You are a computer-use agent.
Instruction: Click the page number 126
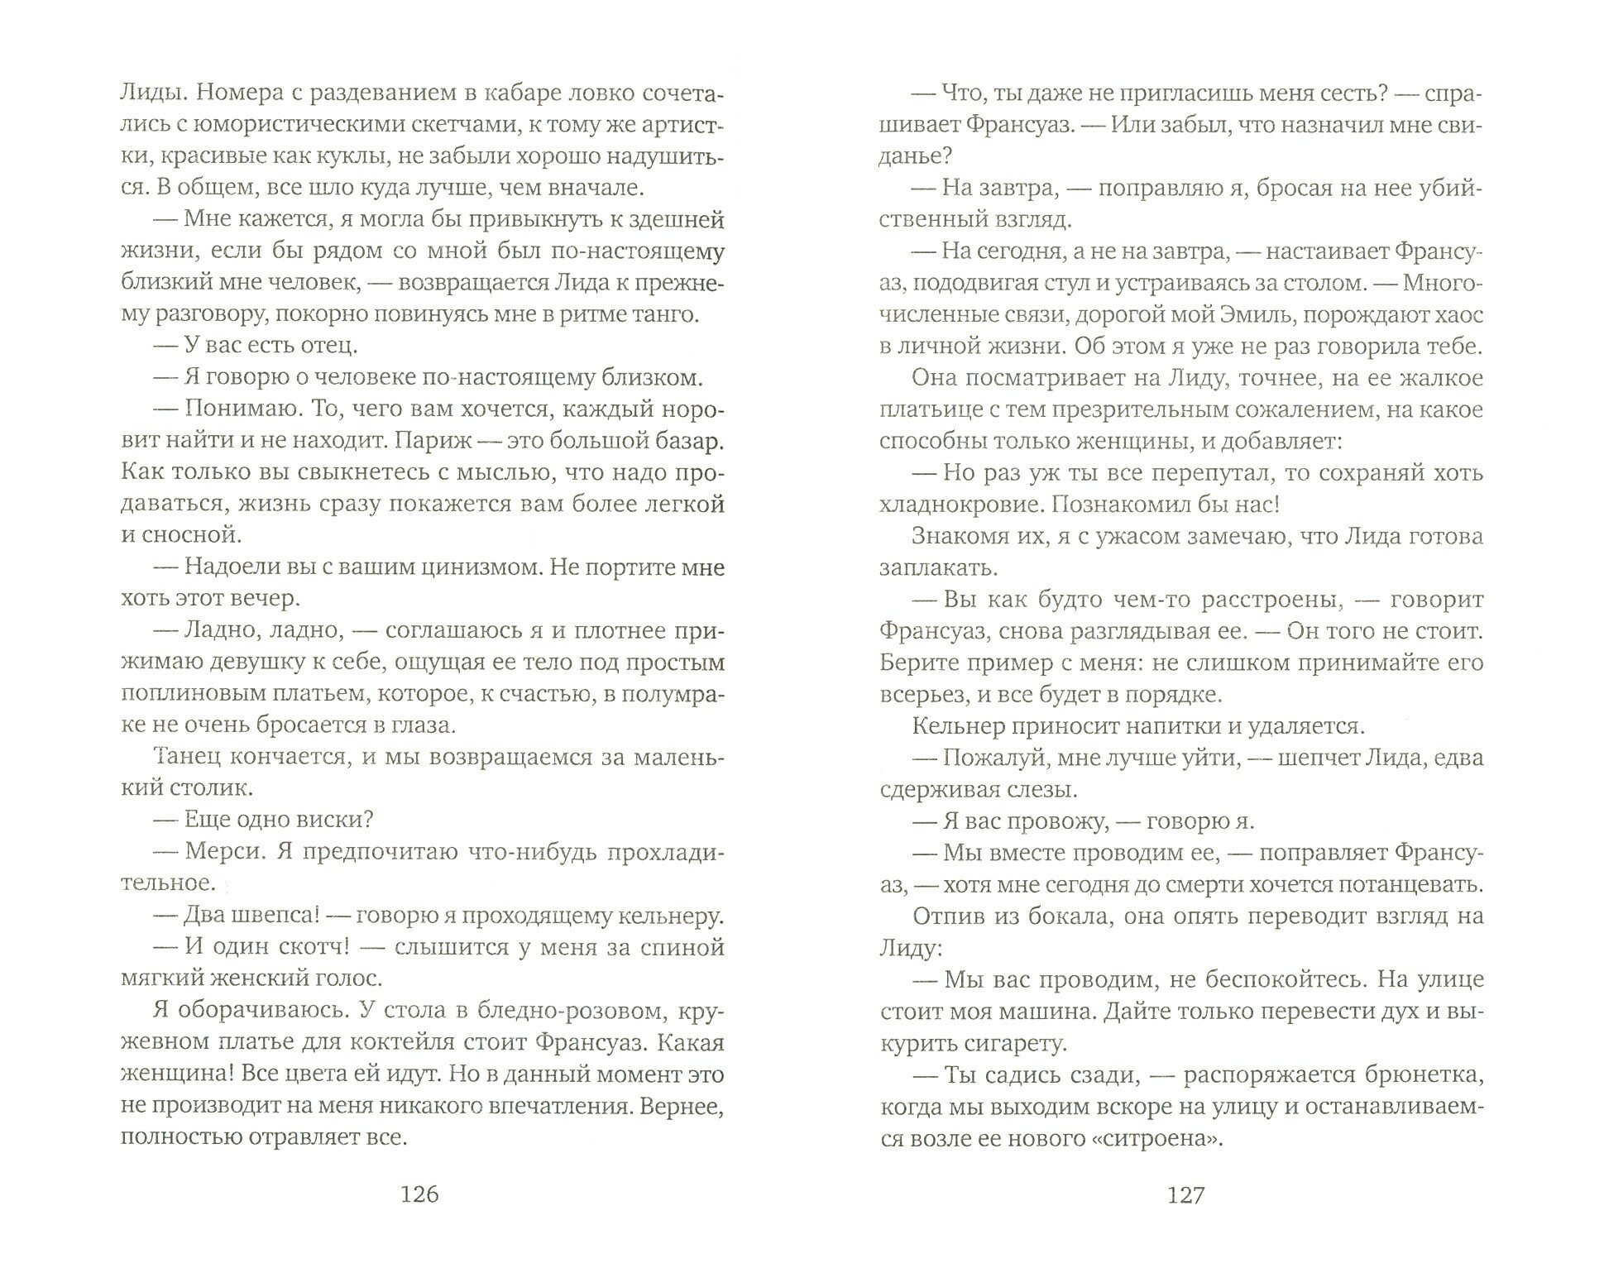click(x=419, y=1195)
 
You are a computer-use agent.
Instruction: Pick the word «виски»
click(x=336, y=819)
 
